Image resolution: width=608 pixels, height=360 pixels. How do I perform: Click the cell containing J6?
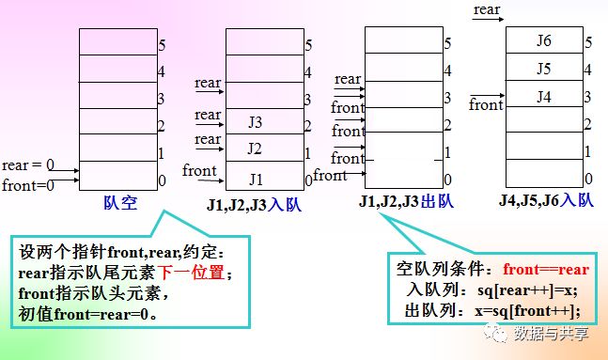coord(544,40)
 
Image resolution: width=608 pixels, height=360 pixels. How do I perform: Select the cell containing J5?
coord(544,67)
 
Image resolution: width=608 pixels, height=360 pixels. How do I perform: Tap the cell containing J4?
coord(544,93)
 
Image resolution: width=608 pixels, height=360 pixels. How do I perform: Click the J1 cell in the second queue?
coord(265,176)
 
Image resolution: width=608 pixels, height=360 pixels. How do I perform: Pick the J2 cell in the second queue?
coord(265,148)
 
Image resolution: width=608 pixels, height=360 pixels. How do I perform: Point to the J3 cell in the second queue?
coord(265,121)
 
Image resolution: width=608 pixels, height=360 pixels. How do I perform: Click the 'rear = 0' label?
coord(28,165)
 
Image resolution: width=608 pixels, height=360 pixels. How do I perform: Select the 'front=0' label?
coord(28,185)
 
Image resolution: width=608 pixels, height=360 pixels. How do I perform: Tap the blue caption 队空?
coord(120,202)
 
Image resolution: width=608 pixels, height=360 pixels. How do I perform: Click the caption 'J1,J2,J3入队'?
coord(254,205)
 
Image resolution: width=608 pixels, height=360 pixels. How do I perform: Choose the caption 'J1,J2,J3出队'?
coord(406,201)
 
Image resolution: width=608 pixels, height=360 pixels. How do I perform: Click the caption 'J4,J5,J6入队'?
coord(546,200)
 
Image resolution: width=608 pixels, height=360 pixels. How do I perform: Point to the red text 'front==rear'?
coord(546,269)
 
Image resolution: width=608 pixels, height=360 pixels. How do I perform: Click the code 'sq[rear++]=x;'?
coord(528,290)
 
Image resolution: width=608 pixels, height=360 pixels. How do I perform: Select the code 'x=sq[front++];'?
coord(528,310)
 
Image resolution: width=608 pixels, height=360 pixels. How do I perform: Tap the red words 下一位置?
coord(191,273)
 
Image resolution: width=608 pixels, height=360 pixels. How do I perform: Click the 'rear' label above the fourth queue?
coord(487,9)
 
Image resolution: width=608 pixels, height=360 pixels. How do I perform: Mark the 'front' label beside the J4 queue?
coord(486,104)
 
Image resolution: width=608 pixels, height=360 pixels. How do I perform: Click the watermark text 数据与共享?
coord(551,334)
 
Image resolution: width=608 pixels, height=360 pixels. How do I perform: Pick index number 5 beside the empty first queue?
coord(162,45)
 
